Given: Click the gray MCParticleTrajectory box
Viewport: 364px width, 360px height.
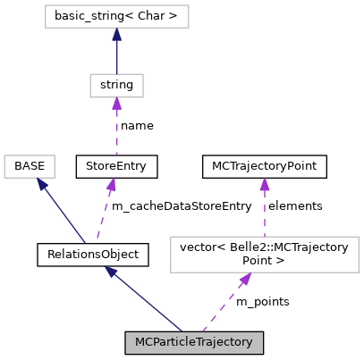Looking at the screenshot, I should point(194,343).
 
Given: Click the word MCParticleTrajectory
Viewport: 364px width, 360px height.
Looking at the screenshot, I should point(194,343).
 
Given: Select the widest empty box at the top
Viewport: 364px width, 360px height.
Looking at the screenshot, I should point(116,16).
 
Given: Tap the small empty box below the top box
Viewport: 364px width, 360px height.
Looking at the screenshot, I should point(116,86).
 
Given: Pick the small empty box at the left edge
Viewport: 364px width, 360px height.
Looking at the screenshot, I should point(30,166).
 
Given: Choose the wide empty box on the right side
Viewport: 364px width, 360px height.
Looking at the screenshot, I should point(264,254).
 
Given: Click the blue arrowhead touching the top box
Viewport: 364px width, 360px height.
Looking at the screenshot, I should point(116,35).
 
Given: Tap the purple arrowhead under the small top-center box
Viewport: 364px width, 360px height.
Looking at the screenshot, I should point(116,105).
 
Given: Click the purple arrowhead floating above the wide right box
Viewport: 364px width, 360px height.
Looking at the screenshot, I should point(265,185).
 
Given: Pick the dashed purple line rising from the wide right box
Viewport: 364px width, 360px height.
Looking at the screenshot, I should point(265,214).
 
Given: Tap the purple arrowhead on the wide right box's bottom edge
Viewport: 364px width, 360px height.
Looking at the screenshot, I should point(244,280).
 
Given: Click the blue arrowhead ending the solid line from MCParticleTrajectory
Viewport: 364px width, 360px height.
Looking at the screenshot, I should point(111,272).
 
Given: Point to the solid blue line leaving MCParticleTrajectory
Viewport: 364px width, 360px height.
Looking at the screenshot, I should point(148,301).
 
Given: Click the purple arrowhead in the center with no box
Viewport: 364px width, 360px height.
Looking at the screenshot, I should point(110,185).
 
